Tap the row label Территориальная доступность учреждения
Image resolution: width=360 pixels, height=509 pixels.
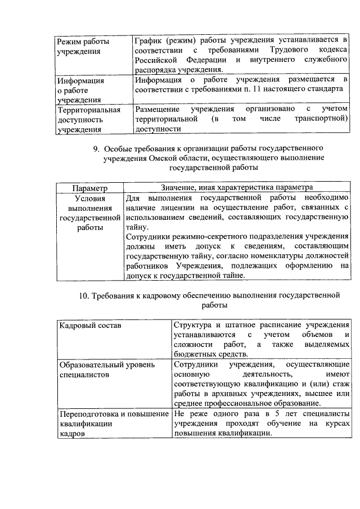89,120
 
